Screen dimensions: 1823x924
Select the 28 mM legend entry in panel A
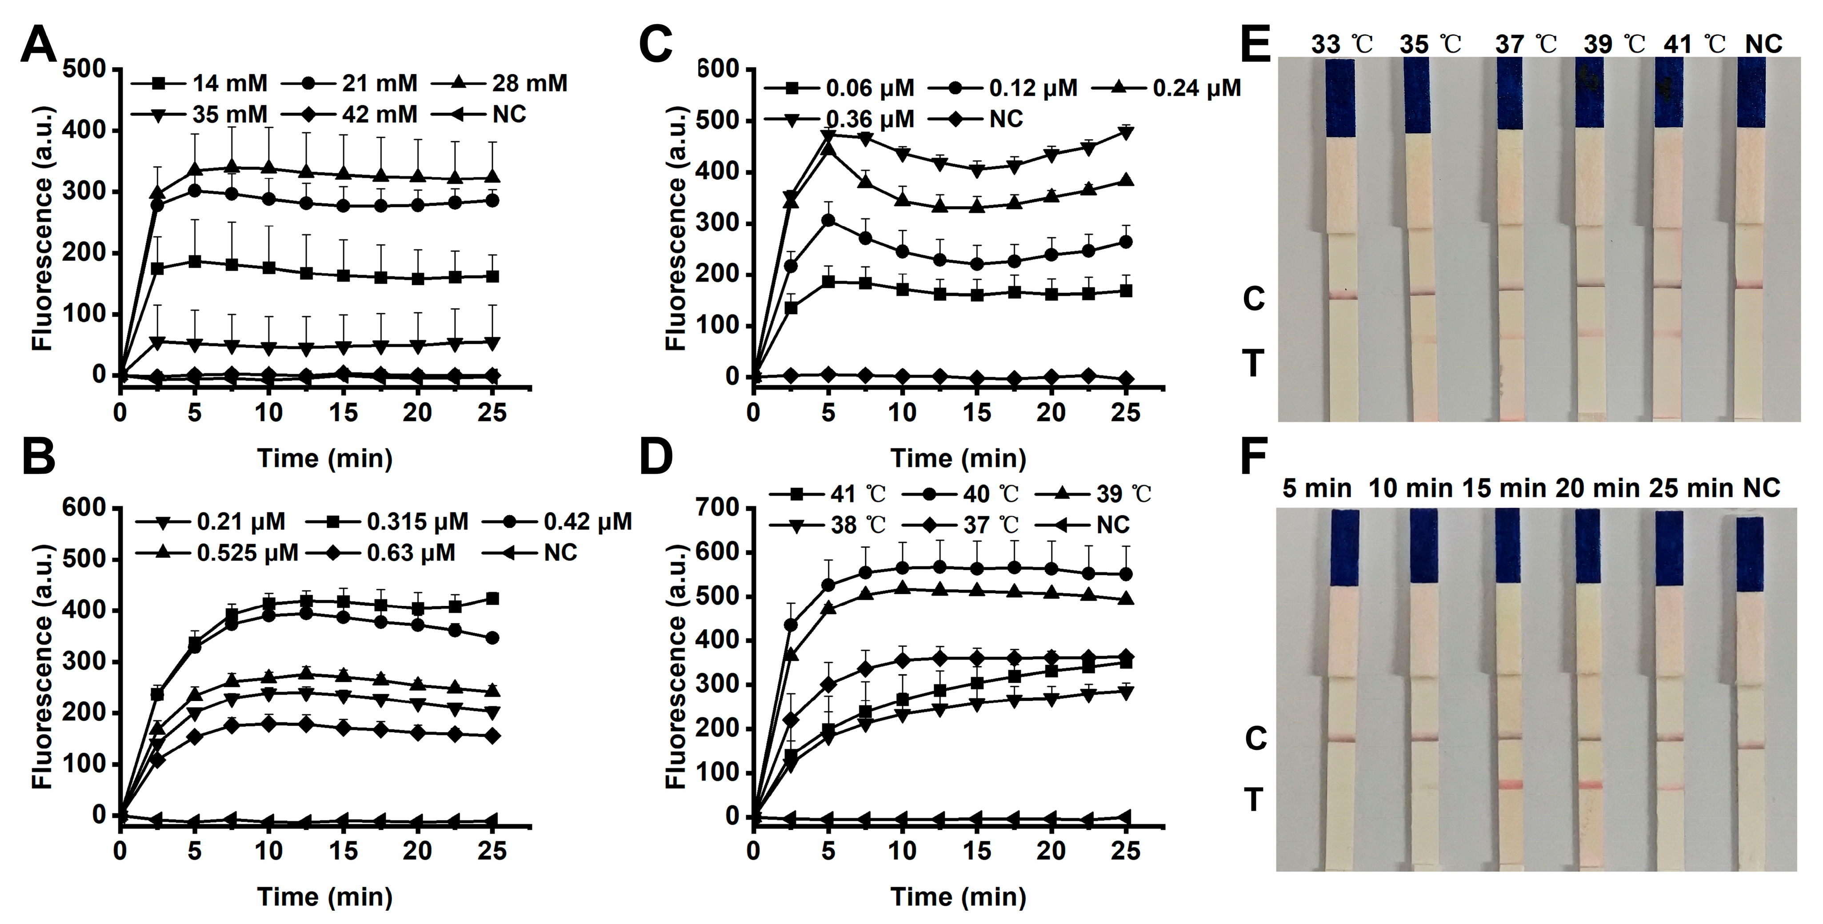pos(500,84)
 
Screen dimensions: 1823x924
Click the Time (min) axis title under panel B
pos(325,896)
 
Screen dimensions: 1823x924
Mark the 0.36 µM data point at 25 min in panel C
pos(1126,132)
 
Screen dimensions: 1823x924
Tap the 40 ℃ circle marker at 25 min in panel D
pos(1126,574)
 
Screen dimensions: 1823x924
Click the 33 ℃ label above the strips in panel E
pos(1342,44)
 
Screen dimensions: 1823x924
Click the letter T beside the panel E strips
pos(1253,364)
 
